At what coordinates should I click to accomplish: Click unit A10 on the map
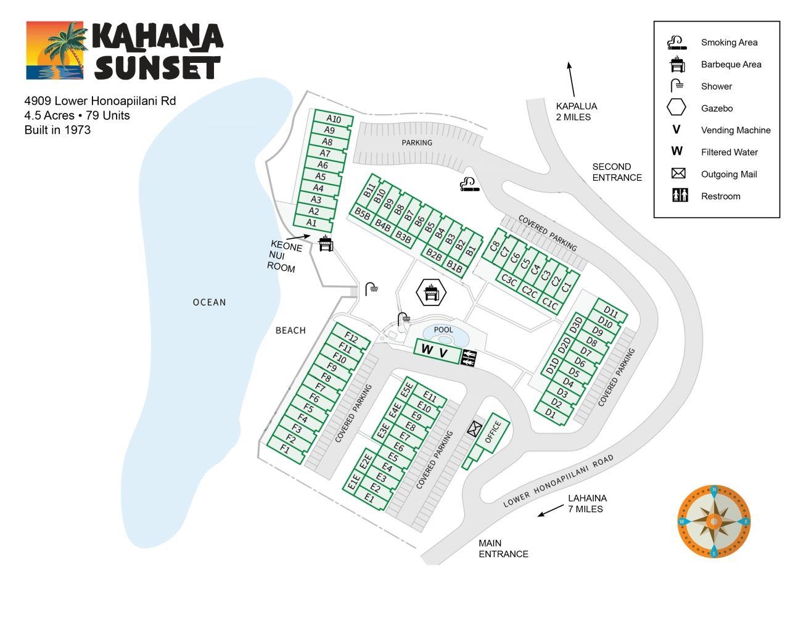(x=334, y=119)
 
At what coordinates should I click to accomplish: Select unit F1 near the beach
(x=285, y=449)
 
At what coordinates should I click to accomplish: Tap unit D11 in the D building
(x=611, y=312)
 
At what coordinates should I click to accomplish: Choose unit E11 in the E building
(x=429, y=398)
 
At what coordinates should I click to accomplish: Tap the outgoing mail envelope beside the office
(x=474, y=428)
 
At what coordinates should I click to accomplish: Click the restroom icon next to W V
(x=469, y=357)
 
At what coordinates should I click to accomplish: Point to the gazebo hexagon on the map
(x=430, y=292)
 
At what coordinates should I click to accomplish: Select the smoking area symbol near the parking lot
(x=469, y=184)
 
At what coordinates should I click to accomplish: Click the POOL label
(x=443, y=329)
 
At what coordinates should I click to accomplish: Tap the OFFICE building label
(x=494, y=432)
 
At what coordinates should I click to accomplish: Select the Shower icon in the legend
(x=677, y=86)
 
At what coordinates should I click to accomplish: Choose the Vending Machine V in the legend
(x=677, y=130)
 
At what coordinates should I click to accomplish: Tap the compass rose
(x=714, y=521)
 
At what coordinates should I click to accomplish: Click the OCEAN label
(x=210, y=302)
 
